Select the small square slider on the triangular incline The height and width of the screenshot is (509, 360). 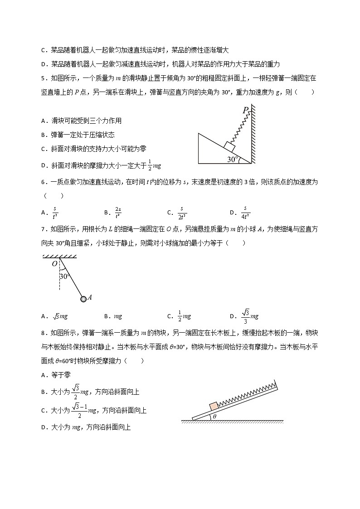[x=229, y=146]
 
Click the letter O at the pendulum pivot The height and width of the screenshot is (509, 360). [x=54, y=264]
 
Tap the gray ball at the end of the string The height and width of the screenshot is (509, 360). [x=83, y=299]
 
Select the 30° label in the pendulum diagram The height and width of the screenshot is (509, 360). [x=65, y=276]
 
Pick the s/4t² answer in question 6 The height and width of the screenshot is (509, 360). [x=246, y=212]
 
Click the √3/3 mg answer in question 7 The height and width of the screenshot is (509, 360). [x=250, y=316]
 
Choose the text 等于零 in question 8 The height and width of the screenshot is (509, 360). [x=61, y=374]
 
